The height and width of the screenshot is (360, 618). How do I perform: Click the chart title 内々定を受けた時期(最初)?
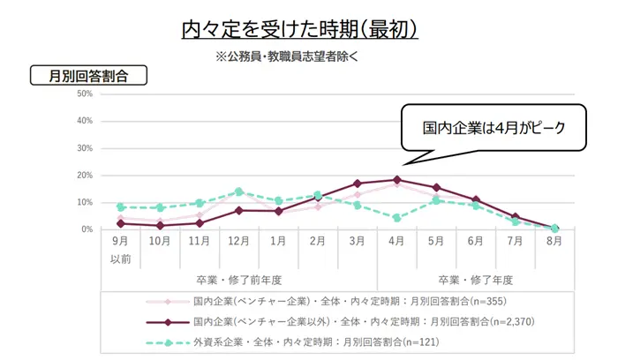pos(299,28)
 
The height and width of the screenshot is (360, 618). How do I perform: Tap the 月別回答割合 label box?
pos(88,75)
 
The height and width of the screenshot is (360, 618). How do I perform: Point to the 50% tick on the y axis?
pos(85,93)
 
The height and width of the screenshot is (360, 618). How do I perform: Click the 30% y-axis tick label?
pos(85,147)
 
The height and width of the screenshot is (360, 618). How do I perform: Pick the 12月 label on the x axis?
pos(237,241)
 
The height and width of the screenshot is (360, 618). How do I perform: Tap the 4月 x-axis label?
pos(396,241)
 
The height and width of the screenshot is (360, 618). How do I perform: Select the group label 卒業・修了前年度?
pos(238,279)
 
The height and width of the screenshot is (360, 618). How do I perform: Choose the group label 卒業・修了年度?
pos(475,279)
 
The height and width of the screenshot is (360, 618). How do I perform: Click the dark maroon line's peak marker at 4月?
pos(396,180)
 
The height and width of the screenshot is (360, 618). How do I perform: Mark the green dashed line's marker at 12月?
pos(237,191)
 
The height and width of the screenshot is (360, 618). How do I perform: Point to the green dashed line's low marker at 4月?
pos(396,218)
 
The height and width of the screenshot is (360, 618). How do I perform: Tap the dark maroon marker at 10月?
pos(159,226)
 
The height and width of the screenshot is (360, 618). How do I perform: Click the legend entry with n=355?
pos(353,300)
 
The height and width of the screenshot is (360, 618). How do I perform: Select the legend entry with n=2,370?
pos(353,321)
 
